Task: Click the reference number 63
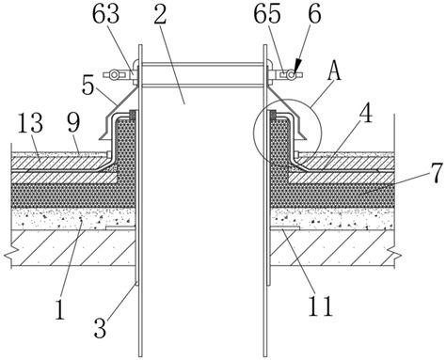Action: pos(105,14)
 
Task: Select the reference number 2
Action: pos(160,14)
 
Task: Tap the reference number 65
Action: pos(267,14)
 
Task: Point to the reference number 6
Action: pos(314,14)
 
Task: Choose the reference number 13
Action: pos(30,123)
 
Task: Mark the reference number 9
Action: pos(73,123)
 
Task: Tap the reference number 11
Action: pos(320,305)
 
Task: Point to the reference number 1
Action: pos(59,309)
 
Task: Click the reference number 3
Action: pos(100,328)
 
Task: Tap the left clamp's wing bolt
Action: pos(114,74)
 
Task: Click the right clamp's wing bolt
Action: pos(292,75)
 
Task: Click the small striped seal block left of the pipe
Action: pos(133,115)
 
